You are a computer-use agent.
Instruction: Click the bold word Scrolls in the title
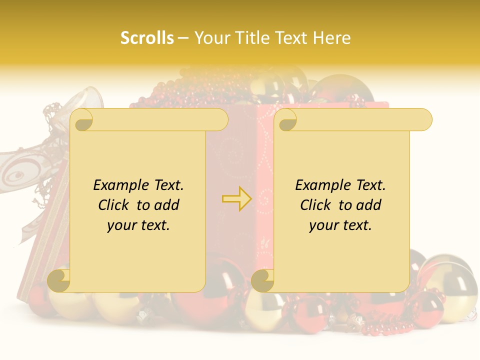147,38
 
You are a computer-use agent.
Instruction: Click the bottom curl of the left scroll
59,280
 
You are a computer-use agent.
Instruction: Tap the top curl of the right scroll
287,120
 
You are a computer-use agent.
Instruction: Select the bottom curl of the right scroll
262,280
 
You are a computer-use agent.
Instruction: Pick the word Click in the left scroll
114,205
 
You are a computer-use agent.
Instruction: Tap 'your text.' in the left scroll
138,225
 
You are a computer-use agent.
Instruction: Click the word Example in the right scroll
322,185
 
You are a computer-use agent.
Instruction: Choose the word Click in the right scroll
316,205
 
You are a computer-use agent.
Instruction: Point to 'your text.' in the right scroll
340,225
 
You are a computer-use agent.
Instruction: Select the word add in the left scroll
167,205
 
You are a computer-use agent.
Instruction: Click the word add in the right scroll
369,205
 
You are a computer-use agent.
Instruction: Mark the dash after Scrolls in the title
183,38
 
